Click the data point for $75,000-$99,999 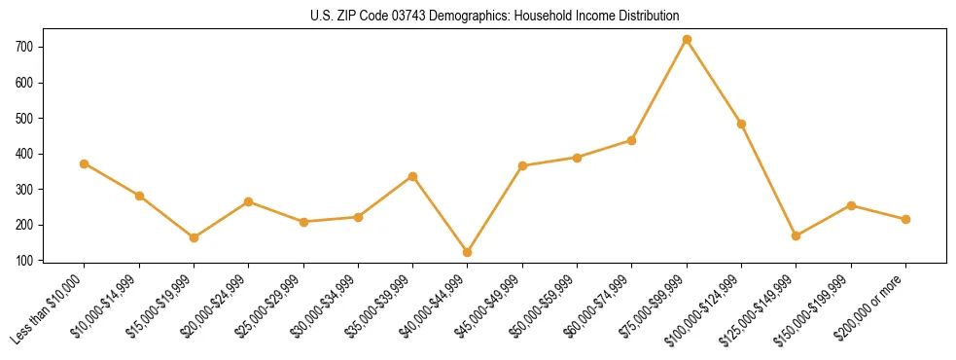pos(687,40)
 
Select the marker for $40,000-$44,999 pos(468,252)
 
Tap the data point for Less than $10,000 pos(85,163)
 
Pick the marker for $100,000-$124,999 pos(742,124)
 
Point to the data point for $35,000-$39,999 pos(413,176)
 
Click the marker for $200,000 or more pos(906,219)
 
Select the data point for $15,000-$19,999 pos(195,237)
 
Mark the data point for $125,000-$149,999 pos(797,235)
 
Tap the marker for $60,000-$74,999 pos(632,140)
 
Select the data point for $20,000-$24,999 pos(249,201)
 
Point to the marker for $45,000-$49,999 pos(523,165)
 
